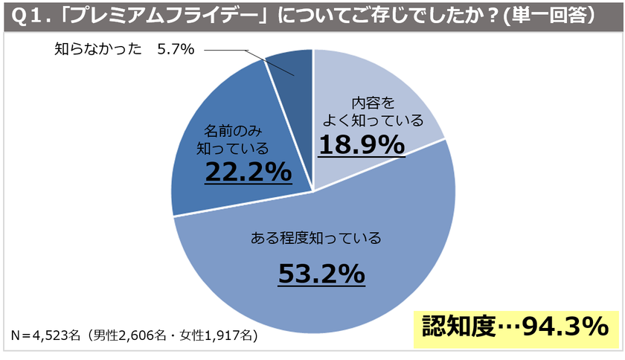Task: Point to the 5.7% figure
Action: [x=176, y=50]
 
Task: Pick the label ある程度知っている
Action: [x=315, y=239]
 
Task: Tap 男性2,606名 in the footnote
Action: [x=132, y=335]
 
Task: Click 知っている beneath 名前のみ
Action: [x=231, y=147]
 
